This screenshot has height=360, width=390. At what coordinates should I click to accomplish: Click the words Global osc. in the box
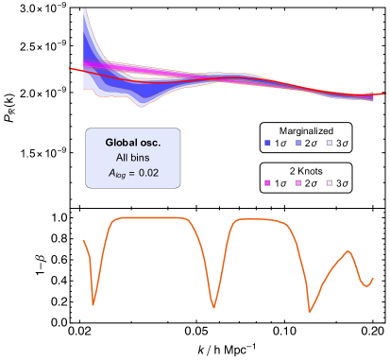133,143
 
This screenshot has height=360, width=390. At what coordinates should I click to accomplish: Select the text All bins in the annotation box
133,158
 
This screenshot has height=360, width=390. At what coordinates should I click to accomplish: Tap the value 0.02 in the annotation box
148,173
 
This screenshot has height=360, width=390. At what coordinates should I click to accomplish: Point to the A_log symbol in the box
118,174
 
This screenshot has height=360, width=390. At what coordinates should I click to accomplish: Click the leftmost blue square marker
267,143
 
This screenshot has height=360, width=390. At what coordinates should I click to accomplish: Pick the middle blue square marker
298,143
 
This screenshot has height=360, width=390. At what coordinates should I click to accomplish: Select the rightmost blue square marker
330,143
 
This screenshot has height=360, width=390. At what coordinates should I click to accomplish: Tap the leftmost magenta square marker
267,182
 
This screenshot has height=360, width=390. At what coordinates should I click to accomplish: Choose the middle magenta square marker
298,182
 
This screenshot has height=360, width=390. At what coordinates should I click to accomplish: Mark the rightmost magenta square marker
330,182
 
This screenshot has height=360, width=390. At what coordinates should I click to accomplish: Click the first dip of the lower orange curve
93,305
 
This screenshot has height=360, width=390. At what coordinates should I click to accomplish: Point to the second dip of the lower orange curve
214,308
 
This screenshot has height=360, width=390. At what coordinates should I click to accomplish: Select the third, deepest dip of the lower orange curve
309,312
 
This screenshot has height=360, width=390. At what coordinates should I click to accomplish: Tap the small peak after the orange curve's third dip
348,250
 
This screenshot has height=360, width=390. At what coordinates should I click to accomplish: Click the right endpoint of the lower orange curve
373,278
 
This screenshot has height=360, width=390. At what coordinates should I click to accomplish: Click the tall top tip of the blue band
84,9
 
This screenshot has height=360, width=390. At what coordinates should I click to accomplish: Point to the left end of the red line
72,68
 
